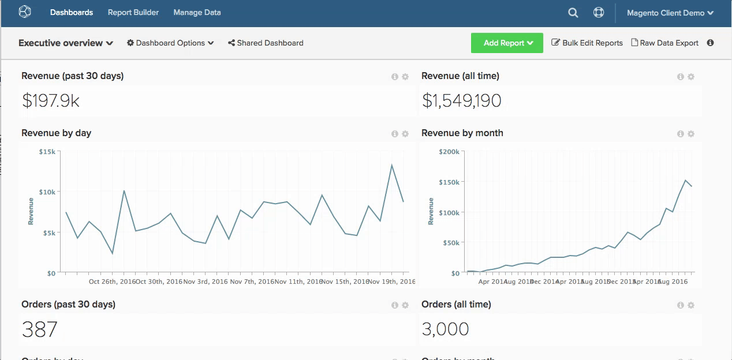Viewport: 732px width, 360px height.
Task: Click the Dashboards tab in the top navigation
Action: coord(71,12)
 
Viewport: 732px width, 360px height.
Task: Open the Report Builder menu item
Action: coord(133,12)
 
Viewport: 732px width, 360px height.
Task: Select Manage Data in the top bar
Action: coord(197,12)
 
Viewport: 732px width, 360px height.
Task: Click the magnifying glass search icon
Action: coord(573,13)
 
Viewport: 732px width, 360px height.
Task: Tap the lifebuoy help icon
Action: coord(599,13)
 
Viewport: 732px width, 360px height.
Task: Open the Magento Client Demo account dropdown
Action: coord(670,13)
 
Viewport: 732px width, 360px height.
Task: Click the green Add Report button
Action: coord(507,43)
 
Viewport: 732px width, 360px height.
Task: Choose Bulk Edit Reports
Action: coord(587,43)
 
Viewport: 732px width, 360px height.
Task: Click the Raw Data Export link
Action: coord(664,43)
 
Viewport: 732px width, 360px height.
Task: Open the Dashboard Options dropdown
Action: coord(170,43)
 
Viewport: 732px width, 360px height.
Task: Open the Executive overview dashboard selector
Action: coord(66,43)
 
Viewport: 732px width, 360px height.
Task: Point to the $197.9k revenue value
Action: coord(51,101)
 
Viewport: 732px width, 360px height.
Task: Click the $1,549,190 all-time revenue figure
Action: coord(462,101)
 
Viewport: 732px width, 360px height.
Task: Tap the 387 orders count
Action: coord(40,329)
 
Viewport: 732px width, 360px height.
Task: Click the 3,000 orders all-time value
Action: coord(445,329)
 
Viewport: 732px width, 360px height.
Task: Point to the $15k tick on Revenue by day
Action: coord(47,152)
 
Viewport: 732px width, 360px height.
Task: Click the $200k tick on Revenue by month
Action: coord(449,152)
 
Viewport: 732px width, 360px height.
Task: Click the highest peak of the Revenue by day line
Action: coord(392,166)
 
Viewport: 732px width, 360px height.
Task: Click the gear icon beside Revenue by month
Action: coord(691,134)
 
